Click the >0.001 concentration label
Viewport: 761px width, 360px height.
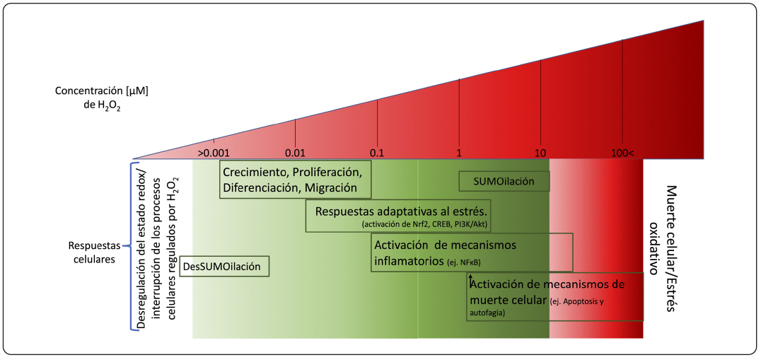tap(213, 153)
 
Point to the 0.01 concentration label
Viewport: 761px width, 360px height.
tap(295, 153)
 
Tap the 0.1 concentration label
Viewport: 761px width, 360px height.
tap(377, 153)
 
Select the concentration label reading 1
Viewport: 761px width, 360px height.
tap(459, 153)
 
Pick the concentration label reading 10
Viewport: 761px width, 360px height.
tap(541, 153)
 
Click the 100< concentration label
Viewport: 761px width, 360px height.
tap(623, 153)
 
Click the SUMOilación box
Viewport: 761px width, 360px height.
tap(505, 182)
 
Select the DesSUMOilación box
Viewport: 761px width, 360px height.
tap(225, 267)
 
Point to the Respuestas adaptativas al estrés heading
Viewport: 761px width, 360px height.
tap(402, 211)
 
